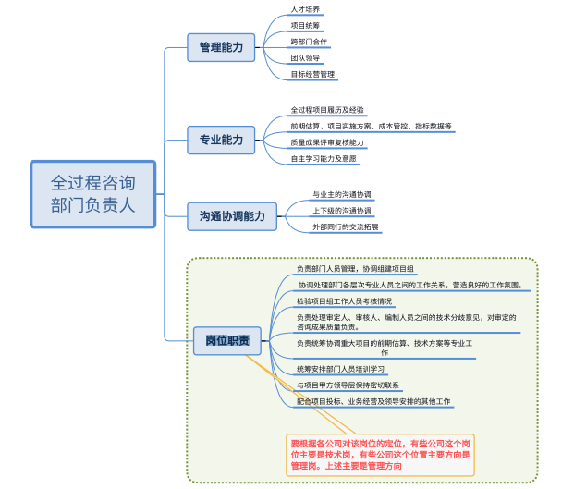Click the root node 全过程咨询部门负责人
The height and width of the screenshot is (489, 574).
coord(93,194)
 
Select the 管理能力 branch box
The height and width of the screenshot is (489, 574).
coord(221,46)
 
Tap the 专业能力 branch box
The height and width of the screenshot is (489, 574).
coord(221,141)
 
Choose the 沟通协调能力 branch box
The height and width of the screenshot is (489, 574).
coord(231,216)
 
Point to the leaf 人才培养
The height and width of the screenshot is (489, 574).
coord(306,8)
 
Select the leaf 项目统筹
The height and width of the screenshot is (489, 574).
coord(306,26)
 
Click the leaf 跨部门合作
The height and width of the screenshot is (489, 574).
coord(310,43)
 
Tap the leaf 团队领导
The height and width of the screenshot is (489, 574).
coord(306,58)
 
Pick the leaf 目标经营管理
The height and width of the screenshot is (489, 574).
coord(312,75)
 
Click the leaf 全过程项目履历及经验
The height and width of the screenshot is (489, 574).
coord(327,109)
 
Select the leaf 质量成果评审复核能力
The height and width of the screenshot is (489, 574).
coord(327,142)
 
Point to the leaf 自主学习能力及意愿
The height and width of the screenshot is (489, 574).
coord(324,159)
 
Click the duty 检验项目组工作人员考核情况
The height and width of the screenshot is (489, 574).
coord(344,301)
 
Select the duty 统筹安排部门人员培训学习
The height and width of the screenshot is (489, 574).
coord(340,368)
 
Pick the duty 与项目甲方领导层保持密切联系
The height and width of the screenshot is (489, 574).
coord(348,385)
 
